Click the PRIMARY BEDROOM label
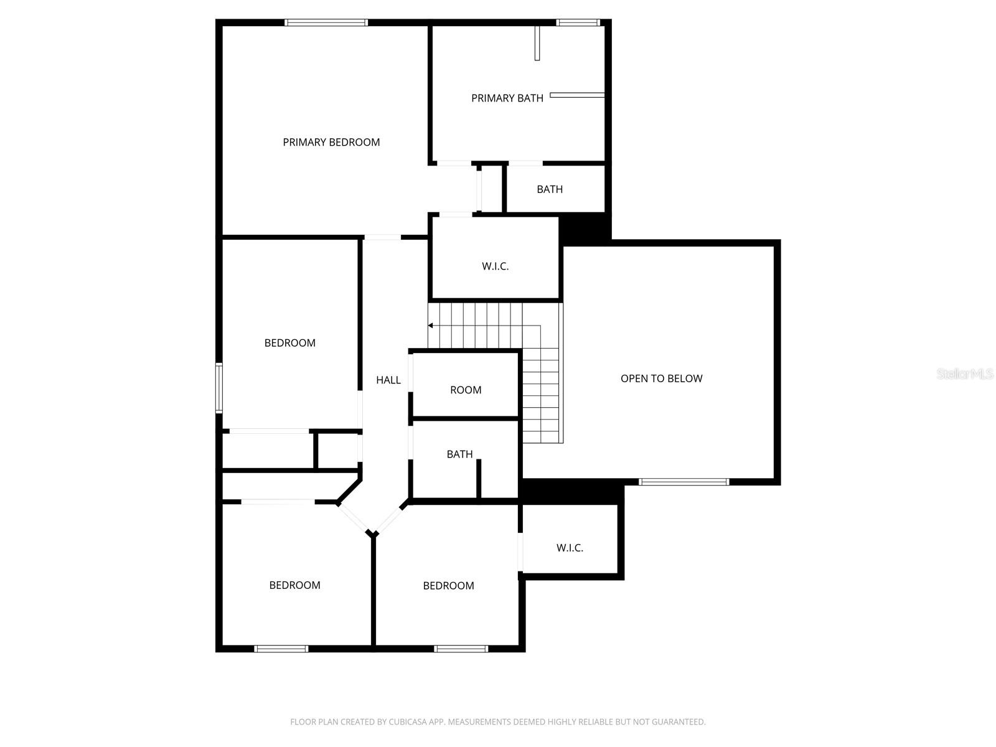[x=331, y=142]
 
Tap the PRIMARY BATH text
[x=507, y=98]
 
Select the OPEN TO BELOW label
[x=661, y=378]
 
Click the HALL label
[x=388, y=380]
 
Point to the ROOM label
[x=466, y=390]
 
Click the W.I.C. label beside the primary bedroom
[x=495, y=266]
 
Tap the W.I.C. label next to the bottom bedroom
[x=570, y=548]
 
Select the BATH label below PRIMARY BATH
[x=550, y=189]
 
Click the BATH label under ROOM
[x=459, y=454]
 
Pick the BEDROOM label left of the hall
[x=289, y=343]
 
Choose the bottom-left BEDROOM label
[x=294, y=585]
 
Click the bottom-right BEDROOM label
[x=448, y=586]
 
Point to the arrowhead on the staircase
[x=430, y=326]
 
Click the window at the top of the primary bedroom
[x=326, y=23]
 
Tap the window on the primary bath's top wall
[x=578, y=23]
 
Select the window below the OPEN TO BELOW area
[x=684, y=482]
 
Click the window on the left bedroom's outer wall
[x=219, y=388]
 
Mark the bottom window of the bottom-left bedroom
[x=281, y=649]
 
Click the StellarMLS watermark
[x=965, y=374]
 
